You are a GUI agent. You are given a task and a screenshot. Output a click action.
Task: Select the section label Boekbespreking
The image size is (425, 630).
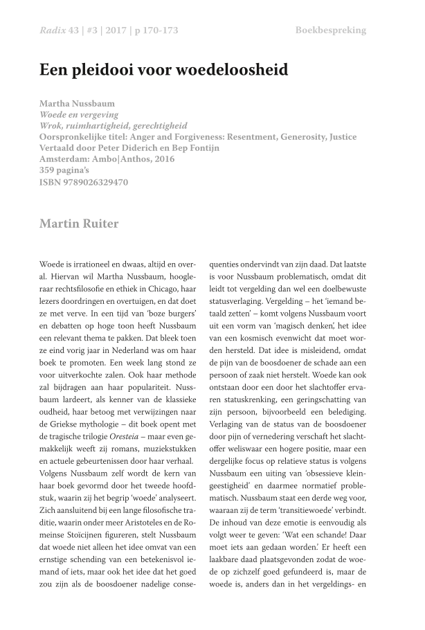coord(330,30)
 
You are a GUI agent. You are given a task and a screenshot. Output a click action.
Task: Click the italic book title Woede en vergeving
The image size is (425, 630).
coord(79,114)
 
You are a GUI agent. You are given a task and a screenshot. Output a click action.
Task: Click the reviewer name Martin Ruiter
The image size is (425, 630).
coord(79,224)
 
